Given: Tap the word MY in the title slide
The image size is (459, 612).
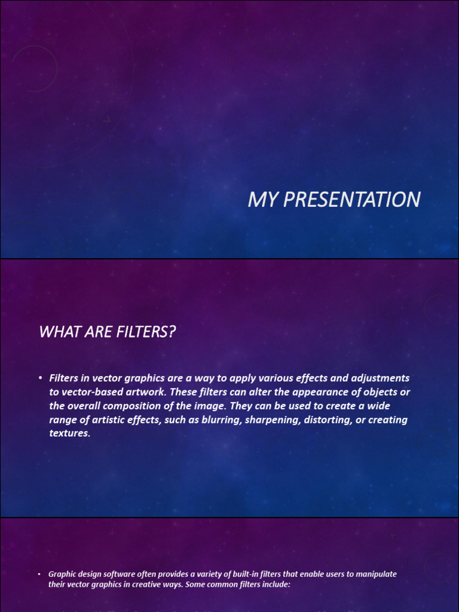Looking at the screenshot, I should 264,200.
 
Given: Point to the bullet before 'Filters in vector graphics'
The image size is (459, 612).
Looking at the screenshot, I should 39,378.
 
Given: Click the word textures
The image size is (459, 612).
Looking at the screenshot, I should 69,433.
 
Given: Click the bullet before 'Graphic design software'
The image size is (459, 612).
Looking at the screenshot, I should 39,574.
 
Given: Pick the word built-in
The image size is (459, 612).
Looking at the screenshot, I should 241,574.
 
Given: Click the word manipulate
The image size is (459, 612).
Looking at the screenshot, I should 375,574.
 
